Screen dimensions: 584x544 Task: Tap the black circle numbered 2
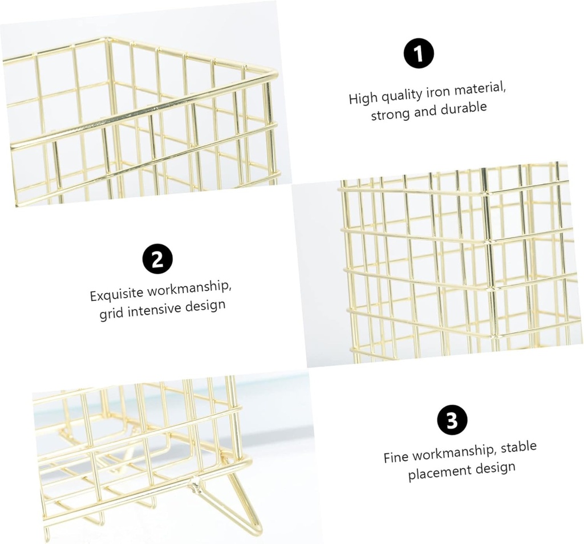tap(158, 259)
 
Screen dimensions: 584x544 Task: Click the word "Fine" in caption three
tap(396, 457)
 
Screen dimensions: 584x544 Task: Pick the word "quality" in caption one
tap(401, 96)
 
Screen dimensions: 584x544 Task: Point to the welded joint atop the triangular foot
tap(196, 484)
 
